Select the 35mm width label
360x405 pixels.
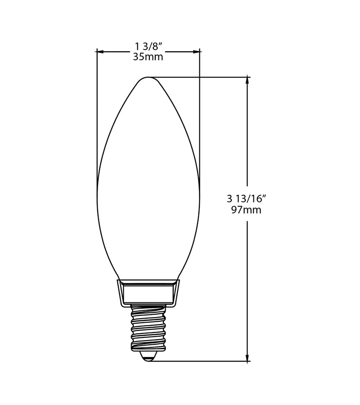(148, 57)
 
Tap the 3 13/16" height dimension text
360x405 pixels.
(247, 198)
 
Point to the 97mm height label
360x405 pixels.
(246, 210)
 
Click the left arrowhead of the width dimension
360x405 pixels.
(100, 52)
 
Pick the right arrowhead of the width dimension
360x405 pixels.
(197, 52)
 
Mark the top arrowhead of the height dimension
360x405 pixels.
(247, 80)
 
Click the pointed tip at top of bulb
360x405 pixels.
(148, 77)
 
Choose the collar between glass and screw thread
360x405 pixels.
(148, 292)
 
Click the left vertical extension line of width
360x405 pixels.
(97, 112)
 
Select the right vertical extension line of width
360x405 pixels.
(200, 112)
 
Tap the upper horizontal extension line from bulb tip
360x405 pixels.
(202, 77)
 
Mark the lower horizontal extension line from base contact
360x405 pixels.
(202, 361)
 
